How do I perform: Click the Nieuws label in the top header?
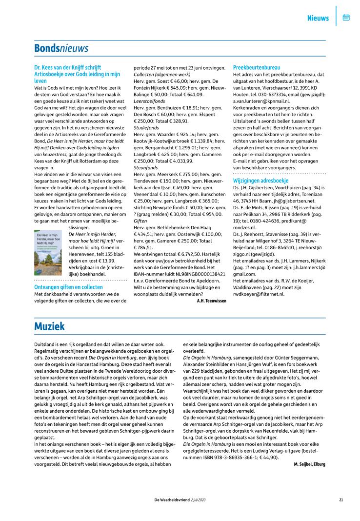[318, 19]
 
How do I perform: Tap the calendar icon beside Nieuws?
[346, 18]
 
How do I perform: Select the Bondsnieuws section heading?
[61, 48]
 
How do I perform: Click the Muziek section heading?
[49, 326]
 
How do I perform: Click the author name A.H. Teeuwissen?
[211, 301]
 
